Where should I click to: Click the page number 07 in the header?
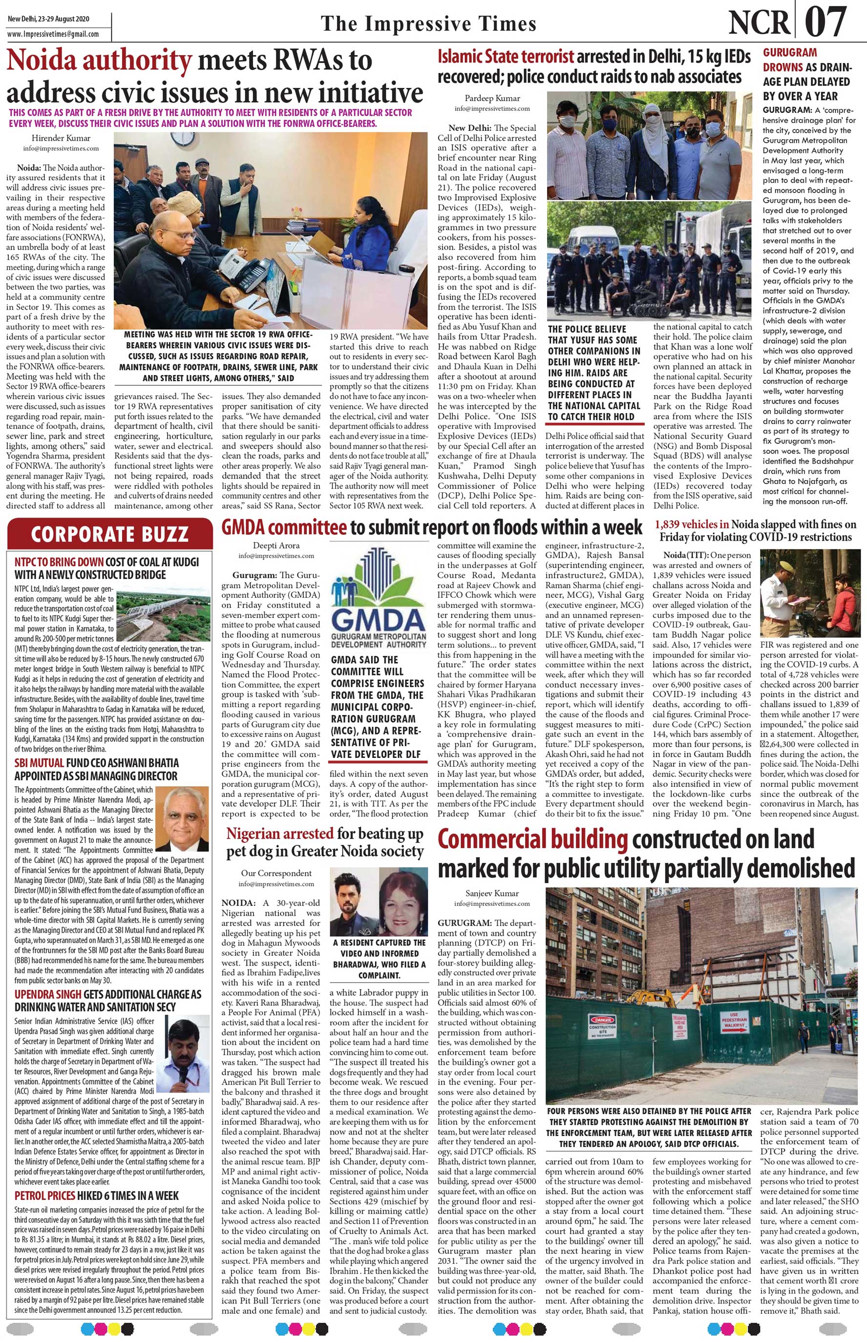pyautogui.click(x=825, y=22)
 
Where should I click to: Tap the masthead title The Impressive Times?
pyautogui.click(x=428, y=23)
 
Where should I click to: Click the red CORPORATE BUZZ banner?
pyautogui.click(x=110, y=534)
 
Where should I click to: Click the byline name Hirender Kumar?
pyautogui.click(x=61, y=138)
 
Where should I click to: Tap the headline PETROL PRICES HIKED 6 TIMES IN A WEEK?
pyautogui.click(x=96, y=1180)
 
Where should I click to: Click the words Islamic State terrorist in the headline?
pyautogui.click(x=505, y=56)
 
